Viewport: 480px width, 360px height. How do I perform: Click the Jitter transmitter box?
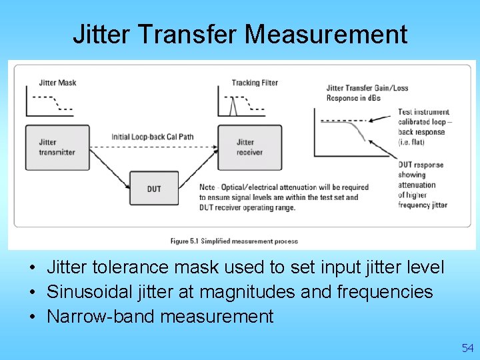coord(57,147)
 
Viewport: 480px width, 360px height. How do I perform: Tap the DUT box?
coord(154,189)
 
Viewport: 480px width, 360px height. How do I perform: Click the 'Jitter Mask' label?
coord(57,83)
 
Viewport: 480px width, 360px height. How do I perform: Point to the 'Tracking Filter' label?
coord(255,83)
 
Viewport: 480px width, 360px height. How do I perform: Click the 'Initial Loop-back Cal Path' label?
coord(152,137)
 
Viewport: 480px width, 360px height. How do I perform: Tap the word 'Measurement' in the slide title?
coord(326,34)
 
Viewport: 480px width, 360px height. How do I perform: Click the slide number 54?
coord(467,348)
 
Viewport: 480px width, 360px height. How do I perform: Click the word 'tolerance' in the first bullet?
coord(130,267)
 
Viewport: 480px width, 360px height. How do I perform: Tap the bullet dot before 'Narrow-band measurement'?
coord(32,317)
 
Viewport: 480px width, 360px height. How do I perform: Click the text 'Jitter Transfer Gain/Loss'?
coord(367,88)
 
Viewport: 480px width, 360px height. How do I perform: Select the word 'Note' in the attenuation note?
coord(208,187)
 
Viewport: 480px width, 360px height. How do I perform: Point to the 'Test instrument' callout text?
coord(423,112)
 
